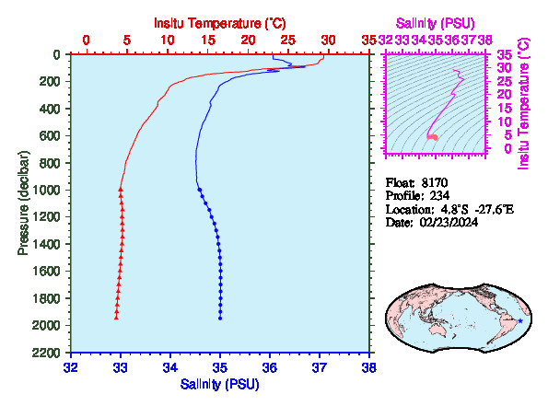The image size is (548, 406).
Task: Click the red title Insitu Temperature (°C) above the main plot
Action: click(x=220, y=23)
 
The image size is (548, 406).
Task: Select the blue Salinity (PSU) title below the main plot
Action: click(x=219, y=384)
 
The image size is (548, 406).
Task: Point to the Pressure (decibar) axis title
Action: click(x=23, y=203)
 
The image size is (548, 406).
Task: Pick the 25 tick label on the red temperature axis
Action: click(x=288, y=41)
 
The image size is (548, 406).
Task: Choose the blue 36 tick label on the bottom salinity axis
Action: click(x=270, y=367)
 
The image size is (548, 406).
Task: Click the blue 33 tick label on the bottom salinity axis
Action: click(x=121, y=367)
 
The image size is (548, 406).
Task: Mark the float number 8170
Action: click(x=435, y=182)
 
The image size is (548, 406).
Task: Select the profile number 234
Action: click(x=439, y=196)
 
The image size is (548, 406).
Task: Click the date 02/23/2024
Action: click(x=449, y=222)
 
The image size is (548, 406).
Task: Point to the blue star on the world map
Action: click(x=520, y=320)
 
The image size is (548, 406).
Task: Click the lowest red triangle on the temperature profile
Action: click(x=116, y=318)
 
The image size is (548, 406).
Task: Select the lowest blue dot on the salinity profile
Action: click(x=220, y=318)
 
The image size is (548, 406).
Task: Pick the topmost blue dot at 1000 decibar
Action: click(x=200, y=190)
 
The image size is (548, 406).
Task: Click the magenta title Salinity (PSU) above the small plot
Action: click(x=435, y=23)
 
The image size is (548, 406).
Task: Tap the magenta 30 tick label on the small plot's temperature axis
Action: click(x=505, y=67)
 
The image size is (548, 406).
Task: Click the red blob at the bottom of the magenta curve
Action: click(x=432, y=137)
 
